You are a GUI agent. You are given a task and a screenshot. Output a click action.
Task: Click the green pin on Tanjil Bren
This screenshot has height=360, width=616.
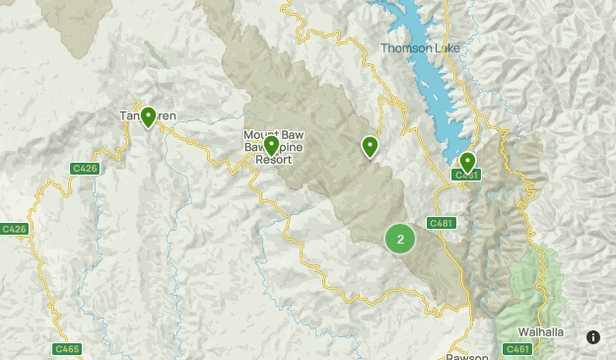[x=148, y=117]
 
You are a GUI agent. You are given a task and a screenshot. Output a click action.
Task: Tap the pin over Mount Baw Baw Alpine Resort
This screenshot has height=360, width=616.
[x=271, y=147]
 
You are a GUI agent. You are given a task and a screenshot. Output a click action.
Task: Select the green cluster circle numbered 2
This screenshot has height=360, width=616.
[x=399, y=239]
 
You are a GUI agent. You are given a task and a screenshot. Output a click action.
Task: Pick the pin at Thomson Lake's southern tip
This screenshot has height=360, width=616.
[x=467, y=161]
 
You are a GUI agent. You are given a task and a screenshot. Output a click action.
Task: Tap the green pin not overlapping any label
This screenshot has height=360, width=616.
[x=370, y=146]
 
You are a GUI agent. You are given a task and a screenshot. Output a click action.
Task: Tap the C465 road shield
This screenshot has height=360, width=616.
[x=68, y=348]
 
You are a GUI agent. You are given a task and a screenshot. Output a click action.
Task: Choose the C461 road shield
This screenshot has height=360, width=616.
[x=517, y=348]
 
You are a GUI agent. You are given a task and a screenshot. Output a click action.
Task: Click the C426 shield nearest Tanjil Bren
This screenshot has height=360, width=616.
[x=85, y=169]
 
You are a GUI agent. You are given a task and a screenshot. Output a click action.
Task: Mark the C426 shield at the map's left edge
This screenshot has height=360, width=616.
[x=13, y=229]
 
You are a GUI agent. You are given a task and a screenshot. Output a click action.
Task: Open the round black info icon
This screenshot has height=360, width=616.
[x=593, y=336]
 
